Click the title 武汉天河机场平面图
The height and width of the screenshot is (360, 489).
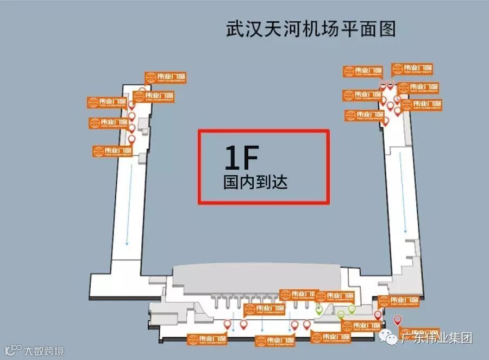click(310, 29)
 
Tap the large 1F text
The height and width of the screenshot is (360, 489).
click(241, 158)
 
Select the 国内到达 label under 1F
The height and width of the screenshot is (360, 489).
click(255, 182)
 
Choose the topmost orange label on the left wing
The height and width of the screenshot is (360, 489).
click(166, 78)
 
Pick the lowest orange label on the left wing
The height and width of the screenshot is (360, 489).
click(113, 151)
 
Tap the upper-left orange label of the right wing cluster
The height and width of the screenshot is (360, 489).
click(362, 71)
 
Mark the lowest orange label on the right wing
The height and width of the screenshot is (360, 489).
click(364, 115)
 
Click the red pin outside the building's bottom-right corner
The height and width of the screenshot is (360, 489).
click(398, 320)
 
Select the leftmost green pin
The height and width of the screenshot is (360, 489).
click(320, 310)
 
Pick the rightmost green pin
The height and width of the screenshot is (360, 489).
click(352, 309)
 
